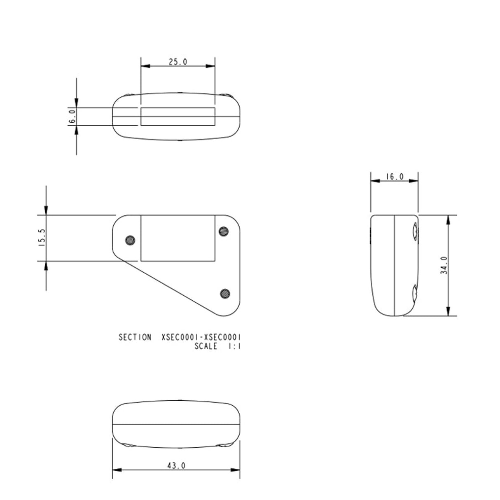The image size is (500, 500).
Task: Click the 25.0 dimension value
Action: (x=178, y=62)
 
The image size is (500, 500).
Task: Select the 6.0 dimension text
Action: (x=72, y=117)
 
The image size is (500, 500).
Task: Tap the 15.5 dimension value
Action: (x=42, y=238)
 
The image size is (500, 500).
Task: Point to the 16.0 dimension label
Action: (x=395, y=177)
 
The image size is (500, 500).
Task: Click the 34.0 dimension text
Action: (x=444, y=266)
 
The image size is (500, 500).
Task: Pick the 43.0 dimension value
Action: (x=176, y=466)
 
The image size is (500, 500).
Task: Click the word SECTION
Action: (x=135, y=337)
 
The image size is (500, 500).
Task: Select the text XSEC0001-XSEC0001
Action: (x=201, y=337)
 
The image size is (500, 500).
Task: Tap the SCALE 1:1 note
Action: (x=217, y=346)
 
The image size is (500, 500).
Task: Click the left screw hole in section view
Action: (x=130, y=240)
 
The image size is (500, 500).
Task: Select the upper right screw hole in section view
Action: (x=224, y=232)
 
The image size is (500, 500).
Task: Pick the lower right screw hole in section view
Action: (x=224, y=293)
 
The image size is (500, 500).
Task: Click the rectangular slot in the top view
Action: (x=178, y=117)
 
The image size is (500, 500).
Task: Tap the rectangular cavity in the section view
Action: (x=178, y=238)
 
